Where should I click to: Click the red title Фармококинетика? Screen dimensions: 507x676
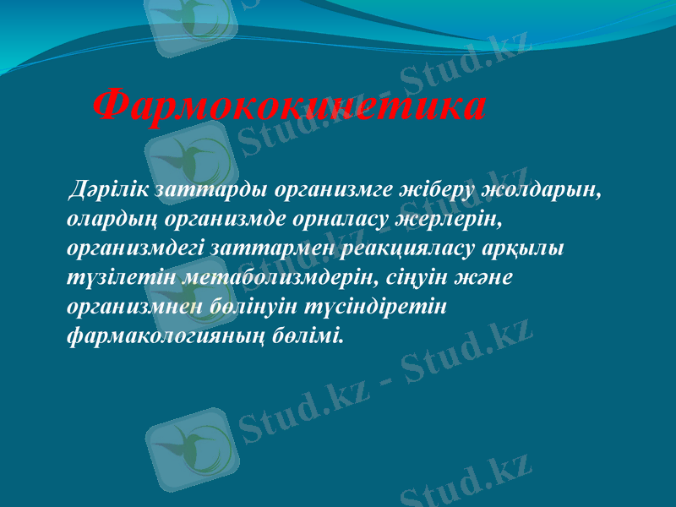(x=289, y=106)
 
